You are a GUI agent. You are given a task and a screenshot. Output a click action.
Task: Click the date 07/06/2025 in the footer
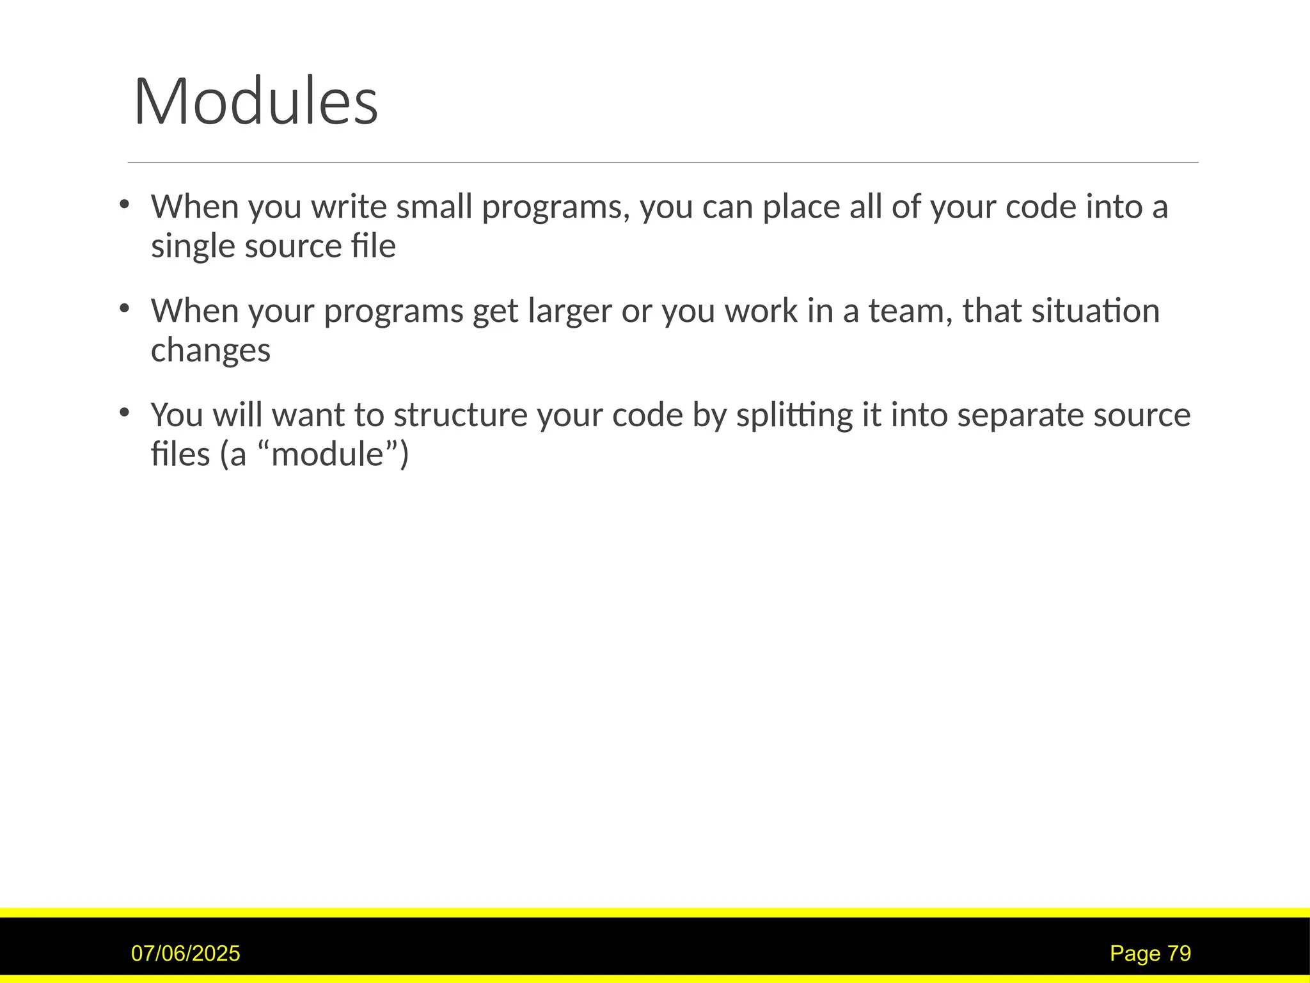tap(185, 954)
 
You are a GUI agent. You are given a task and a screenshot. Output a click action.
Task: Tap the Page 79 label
tap(1150, 954)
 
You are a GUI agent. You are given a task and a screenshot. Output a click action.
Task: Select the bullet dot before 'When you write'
tap(125, 205)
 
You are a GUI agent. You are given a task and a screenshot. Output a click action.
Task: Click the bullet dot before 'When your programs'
tap(125, 308)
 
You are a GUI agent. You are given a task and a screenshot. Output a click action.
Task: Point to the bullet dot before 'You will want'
tap(125, 412)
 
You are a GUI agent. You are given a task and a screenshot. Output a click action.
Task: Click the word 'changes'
tap(210, 351)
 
